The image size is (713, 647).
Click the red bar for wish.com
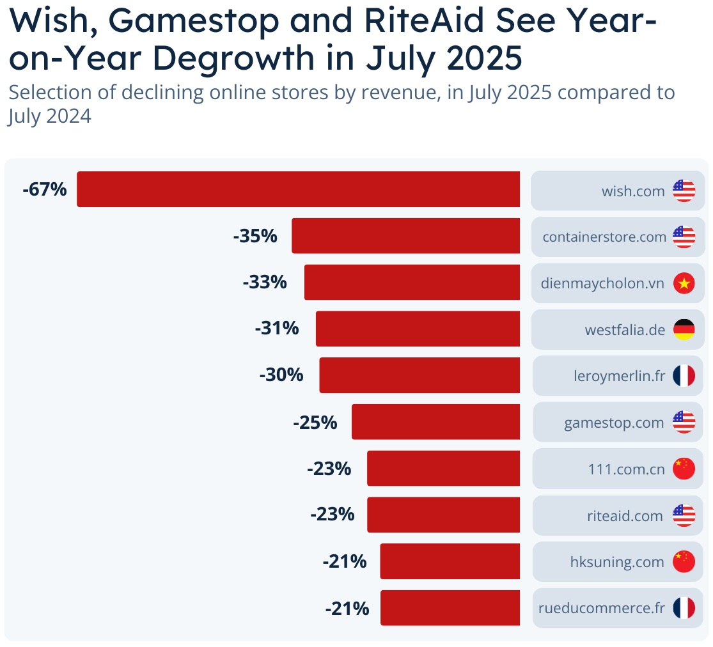(x=298, y=189)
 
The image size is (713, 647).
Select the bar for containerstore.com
(x=405, y=236)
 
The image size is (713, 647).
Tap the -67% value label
(x=44, y=189)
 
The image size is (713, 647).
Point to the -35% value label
(x=255, y=236)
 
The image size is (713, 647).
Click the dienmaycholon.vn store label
(x=602, y=283)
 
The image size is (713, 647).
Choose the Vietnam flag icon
(x=684, y=283)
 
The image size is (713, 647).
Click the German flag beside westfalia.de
(x=684, y=330)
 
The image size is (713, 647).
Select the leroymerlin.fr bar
(x=419, y=375)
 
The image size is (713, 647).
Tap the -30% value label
(x=281, y=375)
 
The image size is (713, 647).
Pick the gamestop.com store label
(x=614, y=423)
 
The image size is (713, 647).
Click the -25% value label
(x=315, y=422)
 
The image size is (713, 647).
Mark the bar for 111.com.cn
(x=443, y=469)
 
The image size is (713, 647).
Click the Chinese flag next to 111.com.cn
(x=684, y=469)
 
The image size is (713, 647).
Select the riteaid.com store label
(x=625, y=515)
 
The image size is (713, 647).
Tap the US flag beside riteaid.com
(x=684, y=515)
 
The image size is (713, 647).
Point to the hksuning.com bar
(x=450, y=561)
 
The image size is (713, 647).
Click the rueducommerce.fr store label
(x=602, y=608)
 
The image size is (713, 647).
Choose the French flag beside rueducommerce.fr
(x=684, y=608)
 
